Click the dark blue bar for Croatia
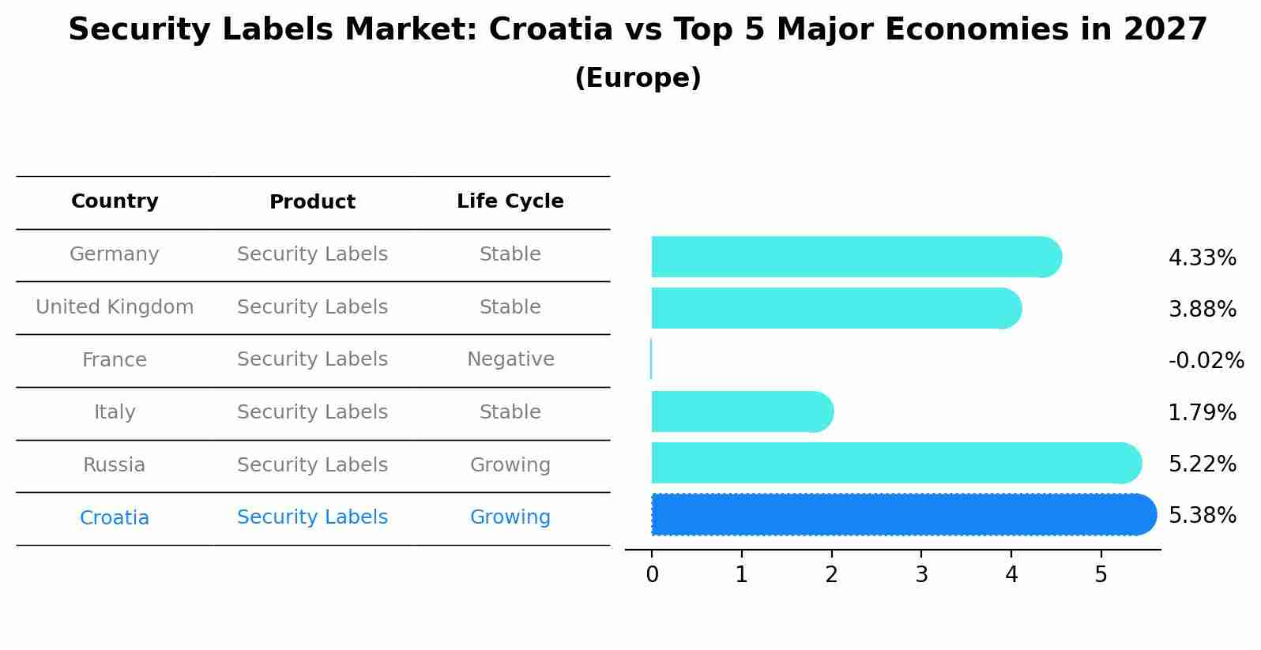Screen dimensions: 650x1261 click(x=901, y=515)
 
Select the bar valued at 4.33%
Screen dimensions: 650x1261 click(x=853, y=257)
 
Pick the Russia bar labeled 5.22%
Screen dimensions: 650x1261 click(x=893, y=463)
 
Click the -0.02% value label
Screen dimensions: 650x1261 click(x=1206, y=361)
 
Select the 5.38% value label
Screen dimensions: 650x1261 click(x=1202, y=516)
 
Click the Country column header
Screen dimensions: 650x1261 click(x=115, y=201)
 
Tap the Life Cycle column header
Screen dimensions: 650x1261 click(x=510, y=201)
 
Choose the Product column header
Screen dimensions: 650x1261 click(x=312, y=202)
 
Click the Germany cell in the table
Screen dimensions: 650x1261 click(x=115, y=254)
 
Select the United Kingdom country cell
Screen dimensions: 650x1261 click(x=115, y=307)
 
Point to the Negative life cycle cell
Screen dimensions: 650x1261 click(x=510, y=359)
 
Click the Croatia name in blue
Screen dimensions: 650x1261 click(x=115, y=518)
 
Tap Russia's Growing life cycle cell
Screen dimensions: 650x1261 click(x=510, y=465)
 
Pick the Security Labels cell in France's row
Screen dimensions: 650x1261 click(x=312, y=359)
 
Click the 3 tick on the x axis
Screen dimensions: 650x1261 click(x=921, y=575)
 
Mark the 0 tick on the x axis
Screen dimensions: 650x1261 click(x=652, y=575)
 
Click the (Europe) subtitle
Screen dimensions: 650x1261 click(x=638, y=78)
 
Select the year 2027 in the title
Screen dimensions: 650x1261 click(x=1165, y=30)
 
